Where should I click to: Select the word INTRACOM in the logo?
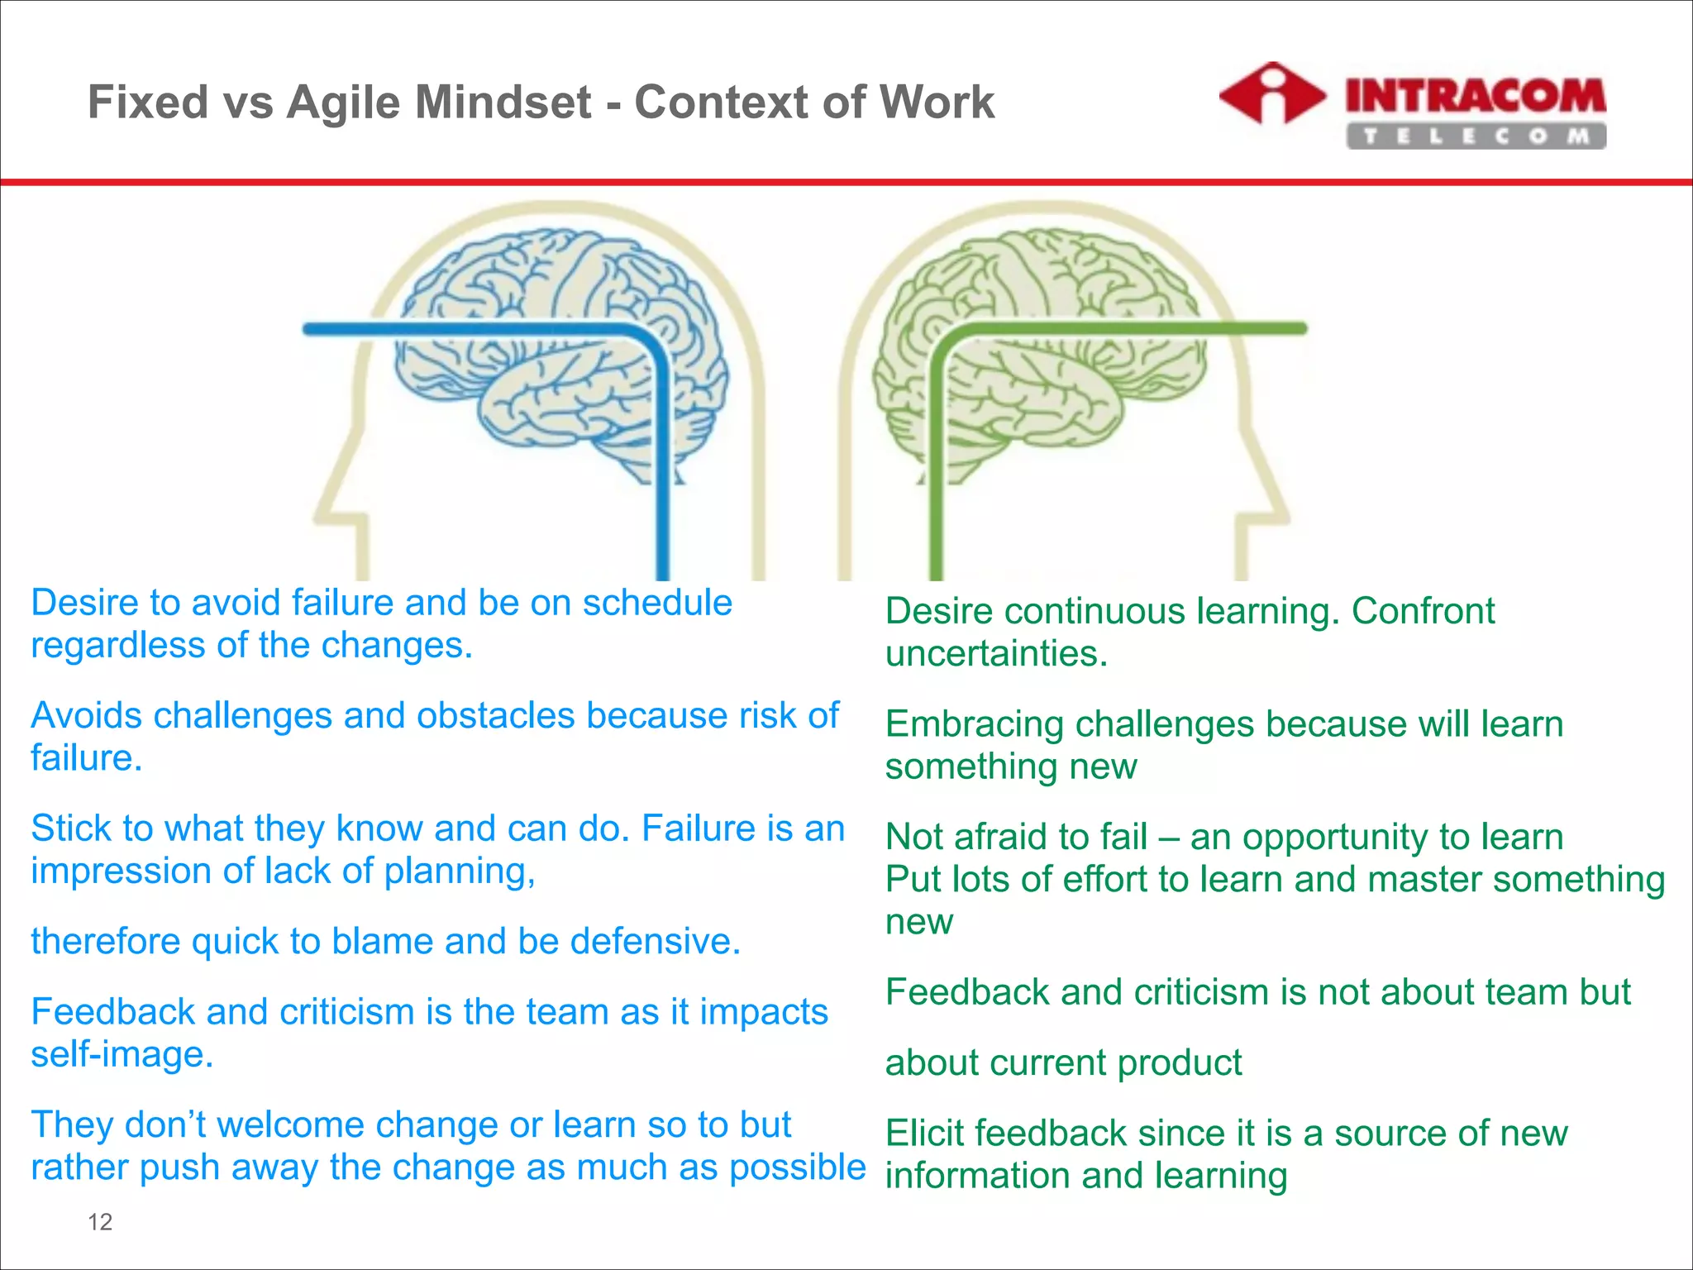[x=1475, y=96]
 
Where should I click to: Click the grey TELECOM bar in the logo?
[x=1475, y=136]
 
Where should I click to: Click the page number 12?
[x=100, y=1221]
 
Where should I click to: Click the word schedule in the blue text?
[x=657, y=603]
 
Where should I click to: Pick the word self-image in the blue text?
[x=122, y=1054]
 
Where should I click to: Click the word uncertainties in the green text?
[x=995, y=654]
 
